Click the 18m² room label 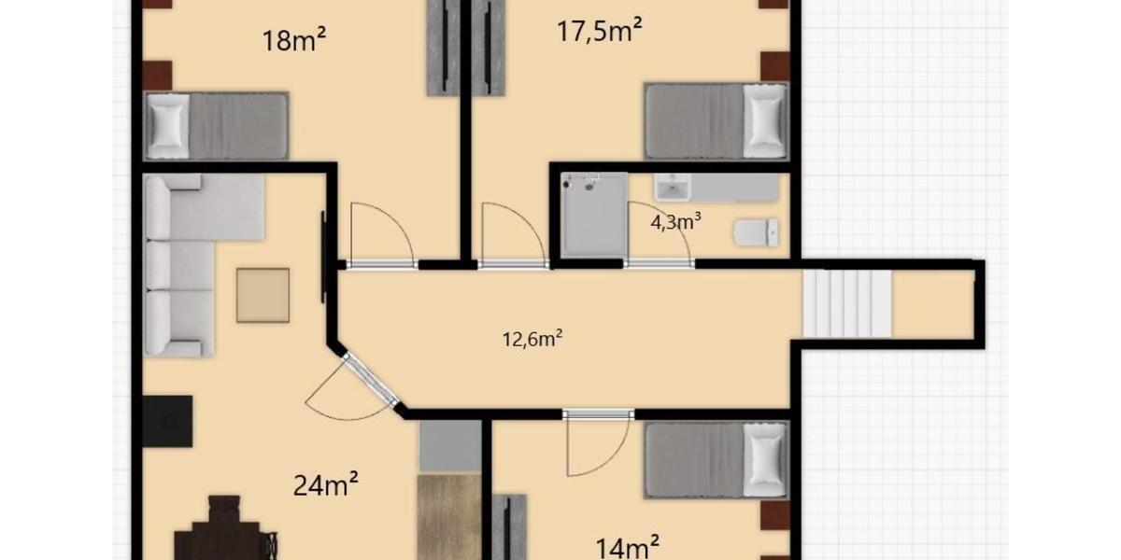[295, 40]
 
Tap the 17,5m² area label [599, 32]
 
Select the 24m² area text [327, 485]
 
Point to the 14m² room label [629, 545]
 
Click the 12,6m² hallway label [532, 339]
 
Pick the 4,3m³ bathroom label [675, 222]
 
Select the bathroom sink [673, 189]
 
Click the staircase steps [847, 304]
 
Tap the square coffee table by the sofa [263, 295]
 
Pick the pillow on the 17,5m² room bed [765, 121]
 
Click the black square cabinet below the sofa [168, 421]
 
